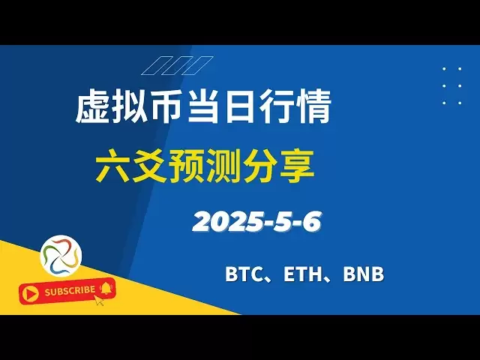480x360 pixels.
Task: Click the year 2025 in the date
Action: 227,222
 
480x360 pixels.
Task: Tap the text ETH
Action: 301,274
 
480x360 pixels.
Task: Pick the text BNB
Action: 363,274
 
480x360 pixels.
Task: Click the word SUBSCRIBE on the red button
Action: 70,291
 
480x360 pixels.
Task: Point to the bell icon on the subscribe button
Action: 106,288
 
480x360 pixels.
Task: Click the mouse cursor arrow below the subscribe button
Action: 99,300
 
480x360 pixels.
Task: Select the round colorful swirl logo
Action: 61,256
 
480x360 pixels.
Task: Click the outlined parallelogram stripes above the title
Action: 177,65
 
